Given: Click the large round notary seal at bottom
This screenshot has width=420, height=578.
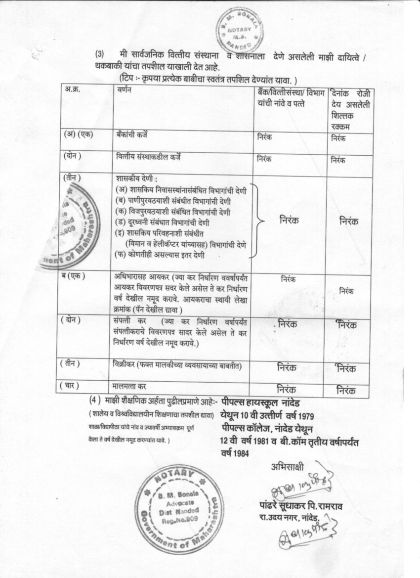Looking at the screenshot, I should (x=179, y=508).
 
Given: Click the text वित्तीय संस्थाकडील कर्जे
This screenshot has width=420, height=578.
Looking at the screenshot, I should (x=148, y=157).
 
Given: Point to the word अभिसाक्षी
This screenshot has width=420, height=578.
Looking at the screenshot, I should (x=288, y=466).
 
